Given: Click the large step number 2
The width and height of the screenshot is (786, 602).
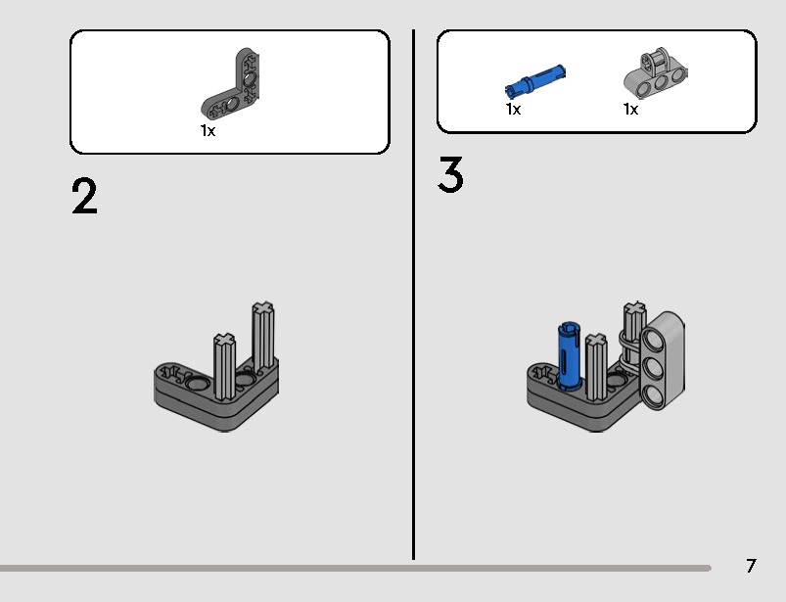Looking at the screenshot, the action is [x=84, y=197].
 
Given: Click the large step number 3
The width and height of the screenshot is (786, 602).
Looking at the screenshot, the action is [x=450, y=174].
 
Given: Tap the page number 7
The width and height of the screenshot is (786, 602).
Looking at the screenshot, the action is [x=751, y=566].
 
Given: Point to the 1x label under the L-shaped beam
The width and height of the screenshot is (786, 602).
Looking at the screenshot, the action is [x=208, y=131].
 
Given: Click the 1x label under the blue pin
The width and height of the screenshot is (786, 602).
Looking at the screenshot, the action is [x=513, y=109].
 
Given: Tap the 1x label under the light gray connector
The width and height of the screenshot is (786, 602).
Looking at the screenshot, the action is [x=630, y=109].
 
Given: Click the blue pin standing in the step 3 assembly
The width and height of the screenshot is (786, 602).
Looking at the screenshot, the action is [x=570, y=356].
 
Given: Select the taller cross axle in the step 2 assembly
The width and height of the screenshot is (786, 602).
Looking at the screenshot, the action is [x=263, y=336].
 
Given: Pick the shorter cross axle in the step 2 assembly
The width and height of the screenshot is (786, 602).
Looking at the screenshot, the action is [x=224, y=366].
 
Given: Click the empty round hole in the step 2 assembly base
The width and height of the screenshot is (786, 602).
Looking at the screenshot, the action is [x=196, y=384].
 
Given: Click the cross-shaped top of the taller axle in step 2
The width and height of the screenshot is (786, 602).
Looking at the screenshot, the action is [x=263, y=307].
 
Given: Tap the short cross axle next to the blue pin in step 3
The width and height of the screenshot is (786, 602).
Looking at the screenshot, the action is [x=596, y=367].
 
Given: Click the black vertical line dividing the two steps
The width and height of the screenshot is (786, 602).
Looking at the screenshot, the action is [x=413, y=295].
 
